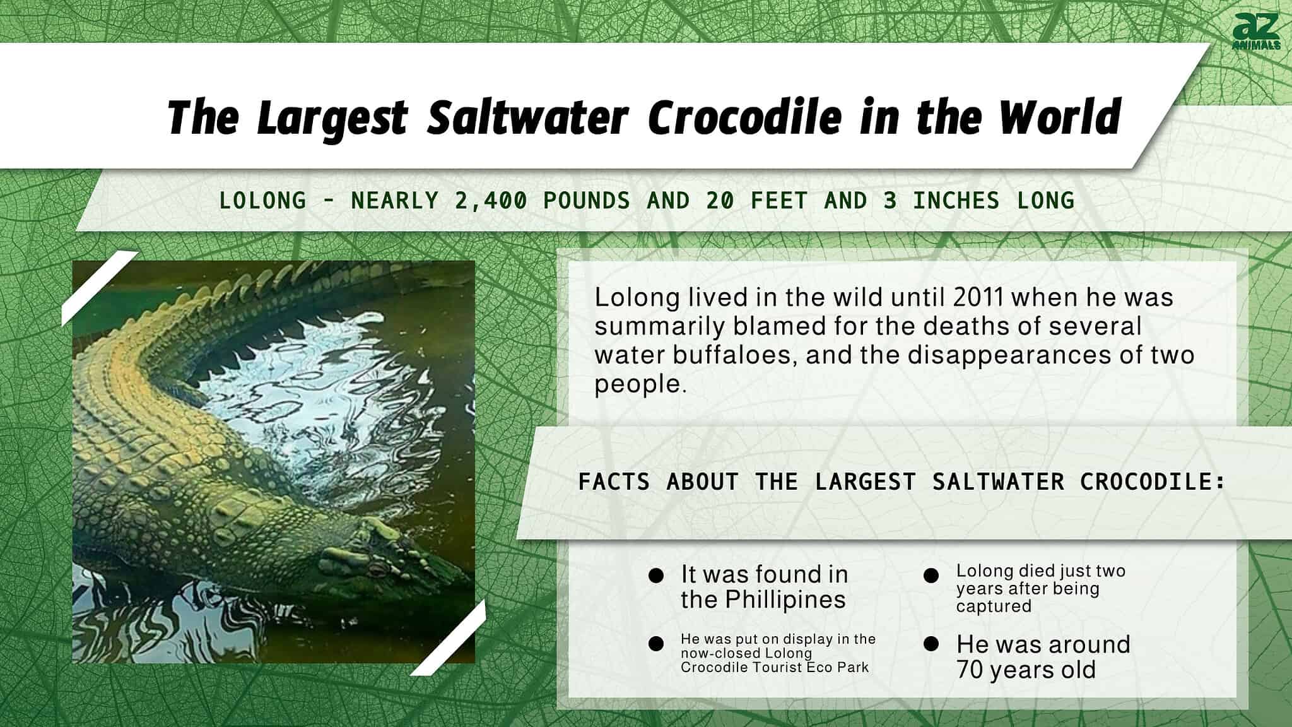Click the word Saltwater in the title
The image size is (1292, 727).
click(x=527, y=118)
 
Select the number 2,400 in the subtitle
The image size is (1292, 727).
click(x=491, y=201)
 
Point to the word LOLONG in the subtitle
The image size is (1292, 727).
click(x=262, y=201)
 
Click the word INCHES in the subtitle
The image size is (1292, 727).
click(x=956, y=201)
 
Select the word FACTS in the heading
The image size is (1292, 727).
click(x=614, y=482)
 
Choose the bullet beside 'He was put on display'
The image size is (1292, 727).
click(x=655, y=644)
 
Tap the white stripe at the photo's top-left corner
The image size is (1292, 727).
click(x=100, y=288)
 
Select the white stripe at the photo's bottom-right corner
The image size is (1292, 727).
click(x=448, y=637)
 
